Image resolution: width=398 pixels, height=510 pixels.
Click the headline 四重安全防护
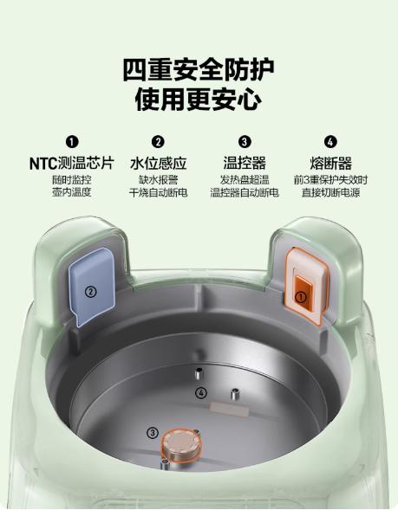click(199, 68)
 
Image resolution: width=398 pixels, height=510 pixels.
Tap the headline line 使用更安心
click(199, 98)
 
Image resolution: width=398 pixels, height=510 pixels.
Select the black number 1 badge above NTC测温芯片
click(72, 142)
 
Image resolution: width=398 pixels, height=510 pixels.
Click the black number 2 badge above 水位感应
click(158, 142)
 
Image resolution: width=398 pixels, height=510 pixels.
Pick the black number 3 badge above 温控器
click(245, 142)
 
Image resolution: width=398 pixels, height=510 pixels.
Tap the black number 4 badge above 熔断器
click(330, 142)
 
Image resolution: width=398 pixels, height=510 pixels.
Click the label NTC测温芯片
click(72, 163)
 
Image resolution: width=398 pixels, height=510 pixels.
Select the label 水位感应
click(158, 163)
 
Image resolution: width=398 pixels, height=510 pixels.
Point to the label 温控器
click(245, 163)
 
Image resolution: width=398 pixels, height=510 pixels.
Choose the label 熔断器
click(330, 163)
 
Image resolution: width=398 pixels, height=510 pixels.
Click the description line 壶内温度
click(72, 192)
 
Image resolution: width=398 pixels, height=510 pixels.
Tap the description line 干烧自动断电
click(158, 192)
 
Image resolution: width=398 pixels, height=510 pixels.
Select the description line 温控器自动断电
click(245, 192)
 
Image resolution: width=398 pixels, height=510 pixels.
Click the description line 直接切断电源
click(330, 192)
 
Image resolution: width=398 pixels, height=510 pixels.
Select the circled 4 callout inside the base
click(202, 393)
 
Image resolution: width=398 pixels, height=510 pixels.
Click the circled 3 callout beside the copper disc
click(153, 433)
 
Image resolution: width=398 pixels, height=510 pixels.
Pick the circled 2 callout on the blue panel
click(90, 292)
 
